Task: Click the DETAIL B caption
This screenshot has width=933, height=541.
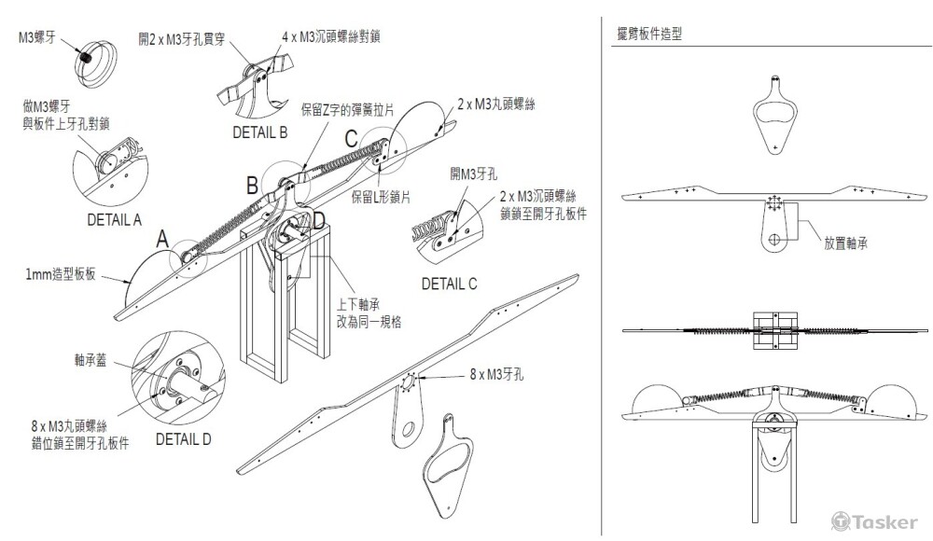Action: coord(259,133)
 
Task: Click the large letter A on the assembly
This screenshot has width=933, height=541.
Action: coord(161,240)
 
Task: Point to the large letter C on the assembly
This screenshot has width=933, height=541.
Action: coord(351,139)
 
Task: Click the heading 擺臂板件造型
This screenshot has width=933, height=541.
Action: coord(645,34)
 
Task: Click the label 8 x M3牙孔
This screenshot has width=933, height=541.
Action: coord(500,373)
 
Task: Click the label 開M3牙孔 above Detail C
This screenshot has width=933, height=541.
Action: coord(471,173)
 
